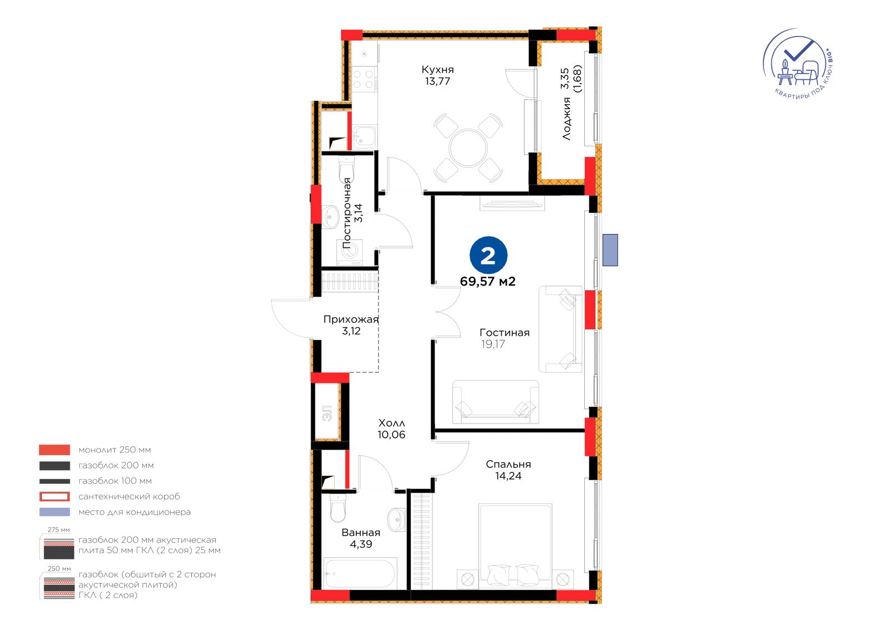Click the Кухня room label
click(x=437, y=70)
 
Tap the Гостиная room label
click(x=504, y=333)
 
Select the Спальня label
click(x=508, y=464)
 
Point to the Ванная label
click(x=361, y=533)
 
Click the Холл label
click(x=391, y=423)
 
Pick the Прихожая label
click(x=351, y=319)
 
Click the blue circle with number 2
click(x=488, y=256)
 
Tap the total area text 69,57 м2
click(x=488, y=282)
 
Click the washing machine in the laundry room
click(x=350, y=252)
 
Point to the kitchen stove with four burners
click(x=364, y=79)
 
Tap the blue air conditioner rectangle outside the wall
click(x=610, y=250)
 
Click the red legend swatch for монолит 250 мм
click(x=55, y=450)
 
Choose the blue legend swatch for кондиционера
click(x=55, y=512)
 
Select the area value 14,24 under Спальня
click(x=508, y=476)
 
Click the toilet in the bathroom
click(x=338, y=508)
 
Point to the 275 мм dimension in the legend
click(x=59, y=530)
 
